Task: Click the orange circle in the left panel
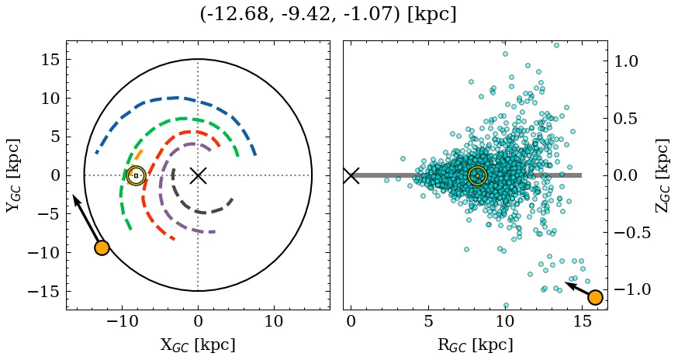[102, 247]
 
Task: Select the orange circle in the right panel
[595, 297]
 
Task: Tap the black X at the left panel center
[198, 175]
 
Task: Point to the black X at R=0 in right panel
[351, 175]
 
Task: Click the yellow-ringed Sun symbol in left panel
[136, 176]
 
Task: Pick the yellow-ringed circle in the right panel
[477, 176]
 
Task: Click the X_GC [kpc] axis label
[198, 344]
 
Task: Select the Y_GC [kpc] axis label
[13, 175]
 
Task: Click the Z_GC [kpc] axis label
[662, 175]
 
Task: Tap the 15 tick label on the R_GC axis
[582, 321]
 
